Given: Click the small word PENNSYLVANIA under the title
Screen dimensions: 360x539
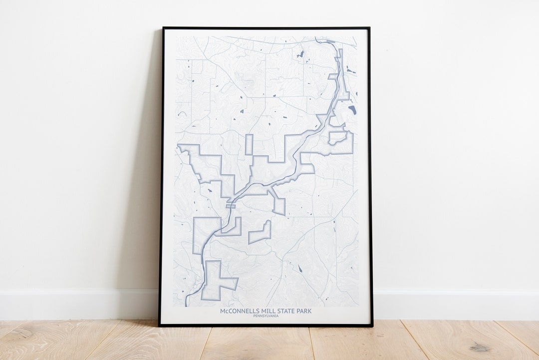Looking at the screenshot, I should [x=266, y=316].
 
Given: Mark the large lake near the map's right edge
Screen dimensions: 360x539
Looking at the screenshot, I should [x=352, y=110].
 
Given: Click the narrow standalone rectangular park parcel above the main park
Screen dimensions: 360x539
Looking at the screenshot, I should [x=249, y=144].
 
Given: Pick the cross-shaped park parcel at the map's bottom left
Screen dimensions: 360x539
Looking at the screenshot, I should [x=216, y=282].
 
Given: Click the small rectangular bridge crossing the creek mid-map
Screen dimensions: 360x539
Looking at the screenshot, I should [x=231, y=205].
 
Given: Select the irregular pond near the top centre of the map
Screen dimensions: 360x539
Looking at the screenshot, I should [x=300, y=54].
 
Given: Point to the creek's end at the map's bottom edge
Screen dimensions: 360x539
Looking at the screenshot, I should [x=187, y=304].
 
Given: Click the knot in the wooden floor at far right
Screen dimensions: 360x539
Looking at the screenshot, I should [x=480, y=347].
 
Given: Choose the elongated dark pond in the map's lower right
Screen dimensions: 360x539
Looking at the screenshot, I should [x=300, y=269].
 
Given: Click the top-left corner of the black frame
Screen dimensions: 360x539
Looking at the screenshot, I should [x=163, y=28].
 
